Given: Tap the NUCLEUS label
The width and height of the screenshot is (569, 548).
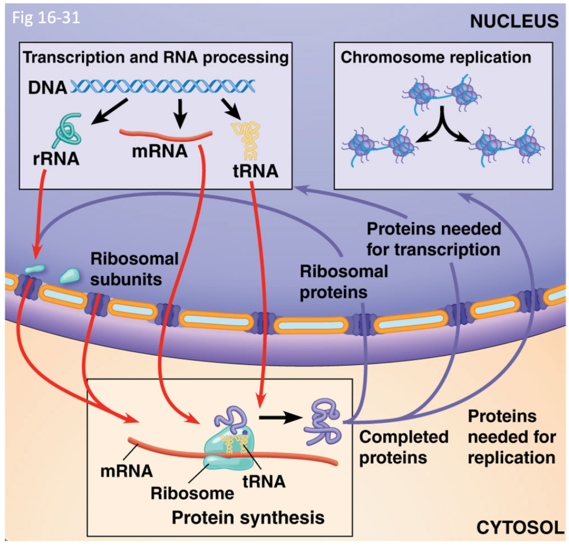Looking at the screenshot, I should pyautogui.click(x=513, y=21).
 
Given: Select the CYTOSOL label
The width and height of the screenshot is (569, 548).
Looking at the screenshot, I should pyautogui.click(x=520, y=528).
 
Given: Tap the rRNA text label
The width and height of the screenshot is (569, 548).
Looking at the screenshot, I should pyautogui.click(x=56, y=158).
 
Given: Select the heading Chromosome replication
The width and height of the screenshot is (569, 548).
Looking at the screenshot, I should pyautogui.click(x=436, y=57).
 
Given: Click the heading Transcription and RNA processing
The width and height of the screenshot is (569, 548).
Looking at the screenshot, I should pyautogui.click(x=155, y=58).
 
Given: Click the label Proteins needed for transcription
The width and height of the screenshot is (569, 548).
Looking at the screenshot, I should pyautogui.click(x=434, y=239).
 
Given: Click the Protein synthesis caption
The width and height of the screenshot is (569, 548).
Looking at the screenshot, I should pyautogui.click(x=247, y=516).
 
